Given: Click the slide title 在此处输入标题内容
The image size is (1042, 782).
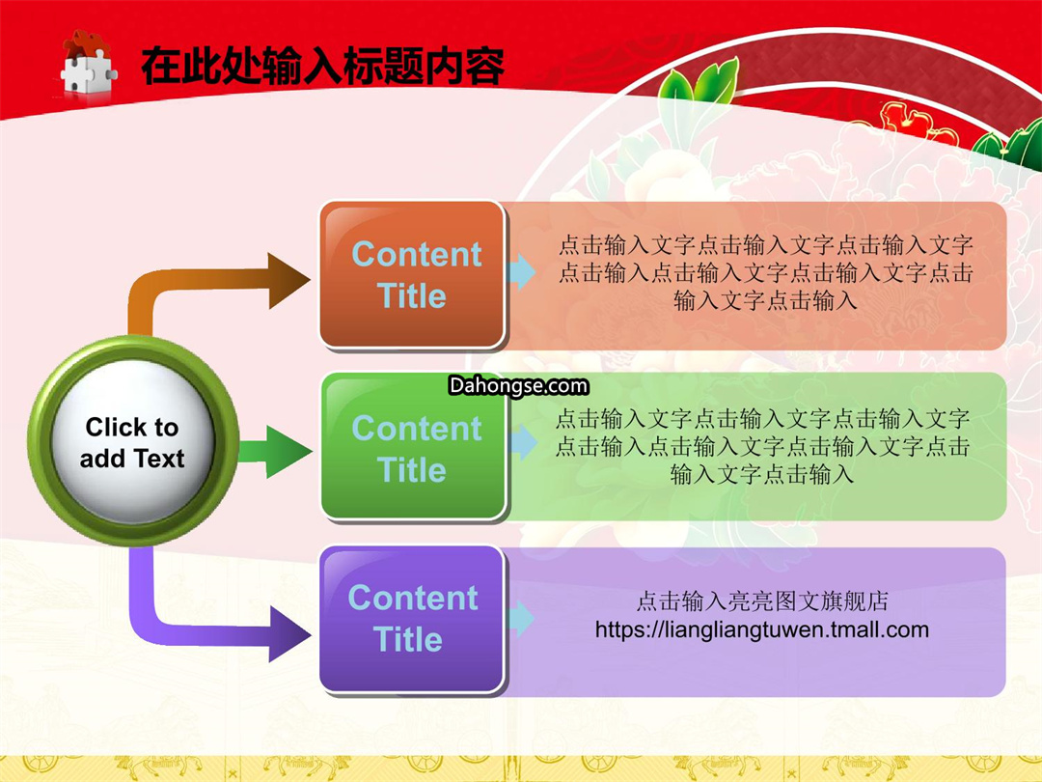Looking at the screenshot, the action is click(x=322, y=66).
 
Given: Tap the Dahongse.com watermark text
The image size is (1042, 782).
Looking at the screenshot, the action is click(x=518, y=385).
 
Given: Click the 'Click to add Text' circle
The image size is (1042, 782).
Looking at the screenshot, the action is click(x=133, y=441).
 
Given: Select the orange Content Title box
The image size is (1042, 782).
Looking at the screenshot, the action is click(x=413, y=274).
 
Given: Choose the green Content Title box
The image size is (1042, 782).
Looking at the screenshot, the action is click(x=414, y=446).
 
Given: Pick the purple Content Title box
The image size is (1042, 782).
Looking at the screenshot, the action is click(x=412, y=620).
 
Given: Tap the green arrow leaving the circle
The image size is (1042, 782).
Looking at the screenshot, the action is click(x=275, y=452).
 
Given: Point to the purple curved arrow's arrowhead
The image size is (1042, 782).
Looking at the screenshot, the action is click(x=289, y=633).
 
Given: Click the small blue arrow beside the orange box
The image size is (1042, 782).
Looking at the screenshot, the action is click(x=521, y=271).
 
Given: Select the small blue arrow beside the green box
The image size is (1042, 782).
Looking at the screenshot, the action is click(x=523, y=443).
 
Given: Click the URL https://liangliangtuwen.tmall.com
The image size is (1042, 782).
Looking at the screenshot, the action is click(x=761, y=629).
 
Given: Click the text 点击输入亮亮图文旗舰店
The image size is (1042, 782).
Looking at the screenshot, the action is click(x=762, y=601).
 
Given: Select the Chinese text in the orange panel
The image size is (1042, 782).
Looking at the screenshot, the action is click(x=765, y=272).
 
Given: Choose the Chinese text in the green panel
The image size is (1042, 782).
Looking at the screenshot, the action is click(x=762, y=446).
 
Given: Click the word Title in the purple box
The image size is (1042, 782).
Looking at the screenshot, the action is click(x=408, y=639).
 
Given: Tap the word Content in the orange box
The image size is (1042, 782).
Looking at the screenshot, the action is click(x=417, y=254).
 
